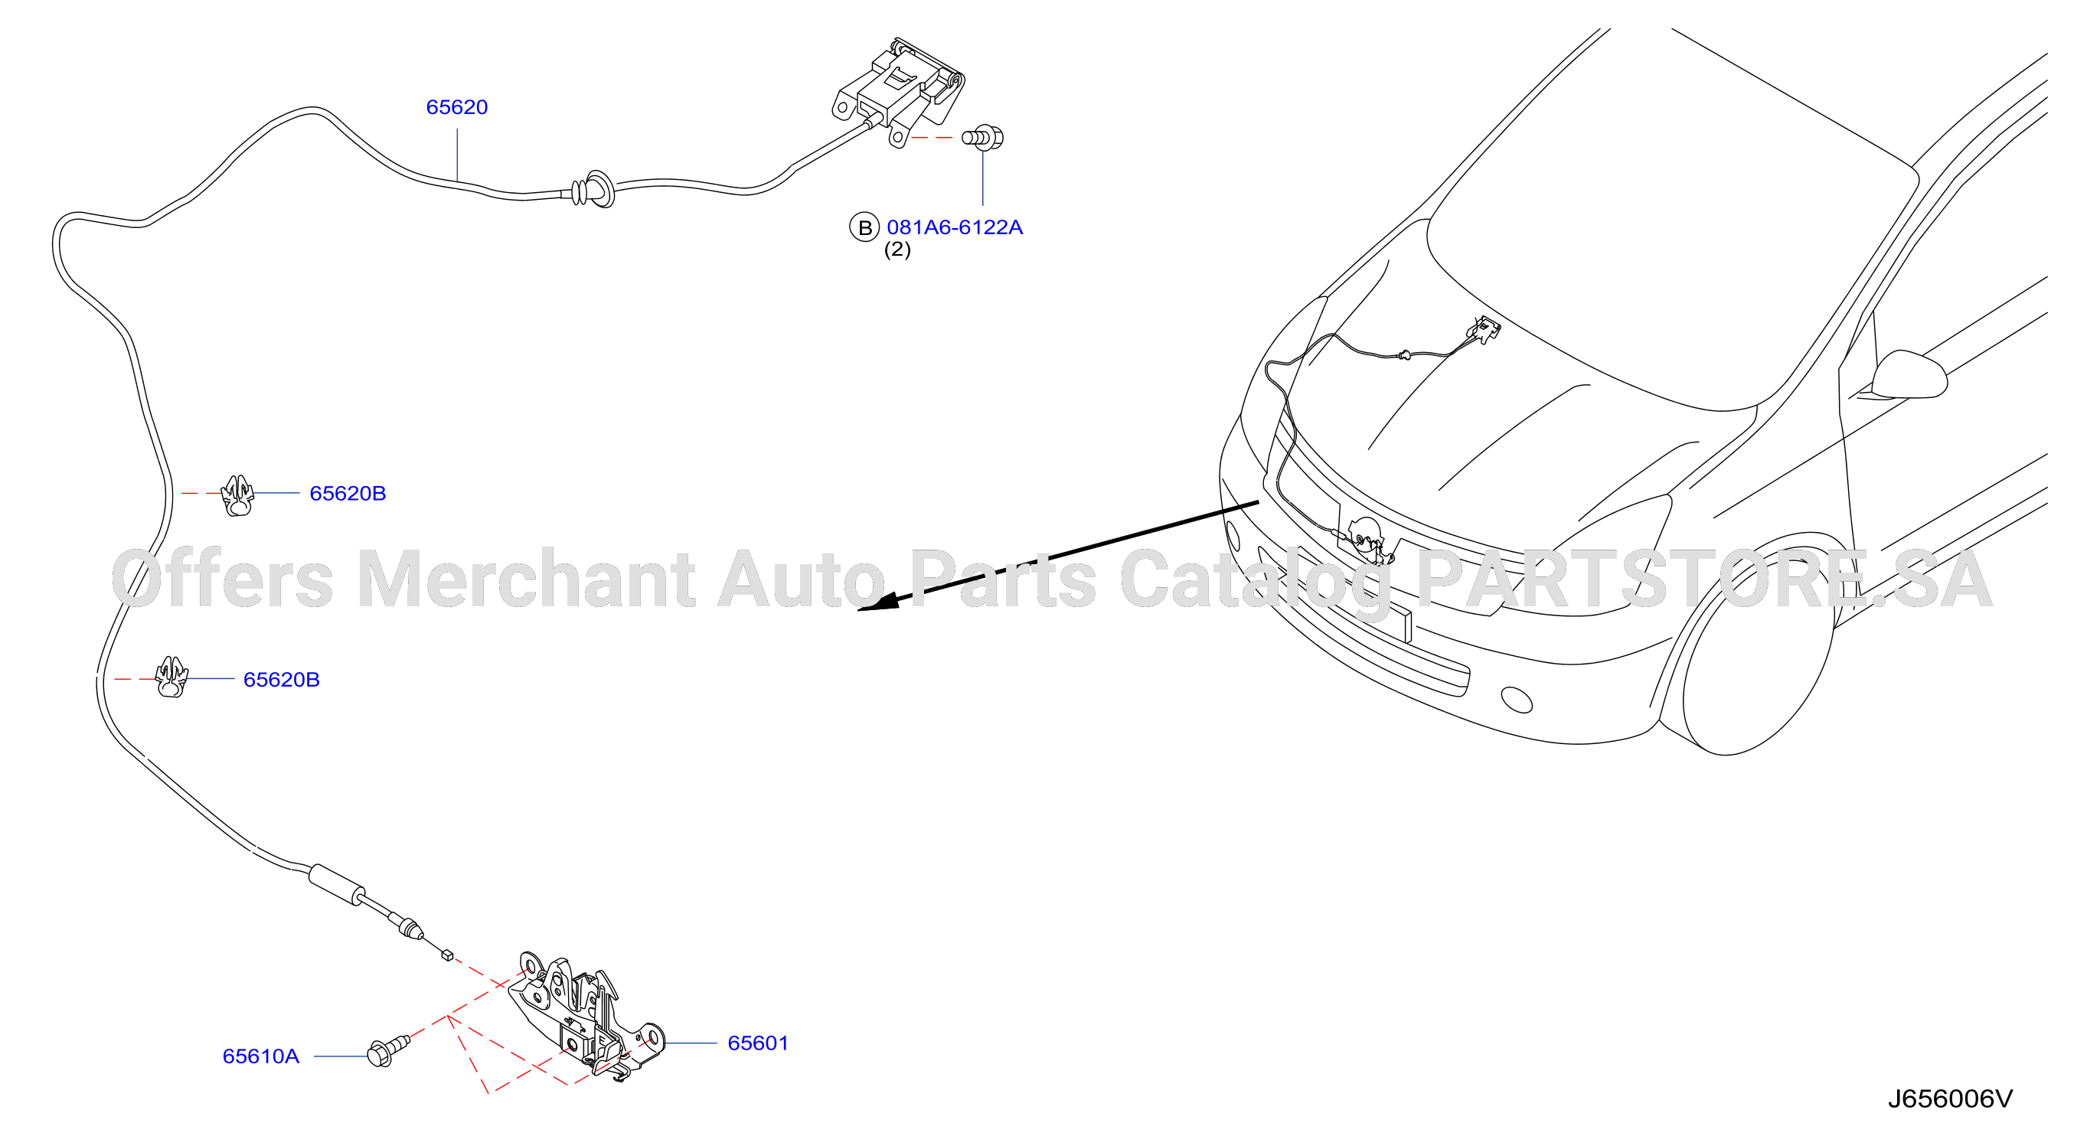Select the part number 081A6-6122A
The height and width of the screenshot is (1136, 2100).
pyautogui.click(x=955, y=227)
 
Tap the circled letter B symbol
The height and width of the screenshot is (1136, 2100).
pyautogui.click(x=864, y=227)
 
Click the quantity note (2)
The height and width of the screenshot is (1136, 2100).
pyautogui.click(x=897, y=250)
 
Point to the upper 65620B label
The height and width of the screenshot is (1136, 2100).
pyautogui.click(x=348, y=493)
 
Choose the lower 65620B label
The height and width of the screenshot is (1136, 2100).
pyautogui.click(x=281, y=680)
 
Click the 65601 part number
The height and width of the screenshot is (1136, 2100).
pyautogui.click(x=758, y=1043)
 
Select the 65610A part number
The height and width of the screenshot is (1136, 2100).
pyautogui.click(x=261, y=1056)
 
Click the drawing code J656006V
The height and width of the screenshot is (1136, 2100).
pyautogui.click(x=1950, y=1099)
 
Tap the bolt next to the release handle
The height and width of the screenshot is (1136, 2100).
pyautogui.click(x=983, y=138)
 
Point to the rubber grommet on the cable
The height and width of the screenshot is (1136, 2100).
pyautogui.click(x=594, y=190)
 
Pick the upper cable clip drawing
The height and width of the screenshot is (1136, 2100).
pyautogui.click(x=237, y=496)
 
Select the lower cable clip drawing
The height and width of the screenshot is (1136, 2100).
pyautogui.click(x=171, y=678)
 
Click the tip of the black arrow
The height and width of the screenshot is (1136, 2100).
pyautogui.click(x=859, y=609)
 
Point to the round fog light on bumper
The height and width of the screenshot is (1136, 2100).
pyautogui.click(x=1517, y=699)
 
